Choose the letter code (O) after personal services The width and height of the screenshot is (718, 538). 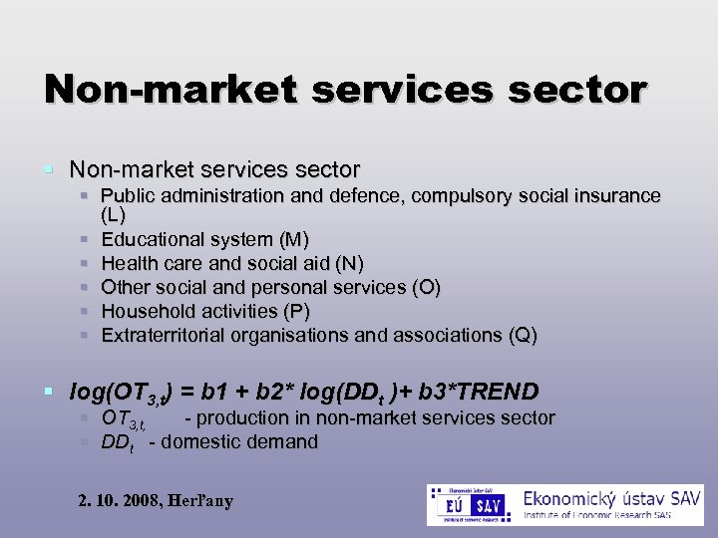click(x=426, y=287)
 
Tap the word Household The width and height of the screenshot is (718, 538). click(x=148, y=311)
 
